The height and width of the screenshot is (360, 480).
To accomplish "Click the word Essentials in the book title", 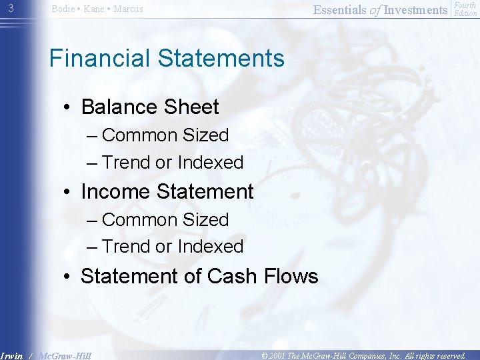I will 339,9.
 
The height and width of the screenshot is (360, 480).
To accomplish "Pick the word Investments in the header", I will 416,9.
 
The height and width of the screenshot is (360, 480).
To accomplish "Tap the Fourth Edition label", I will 465,9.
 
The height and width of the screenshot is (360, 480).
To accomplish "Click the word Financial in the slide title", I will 100,59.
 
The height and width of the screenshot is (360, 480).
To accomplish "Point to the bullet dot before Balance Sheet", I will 69,108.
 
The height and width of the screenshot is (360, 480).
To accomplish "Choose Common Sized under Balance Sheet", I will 165,135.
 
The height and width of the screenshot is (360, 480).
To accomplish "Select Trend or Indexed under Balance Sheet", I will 173,163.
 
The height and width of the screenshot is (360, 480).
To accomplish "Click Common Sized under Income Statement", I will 165,220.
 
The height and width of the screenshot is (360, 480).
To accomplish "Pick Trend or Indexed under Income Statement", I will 173,247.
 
